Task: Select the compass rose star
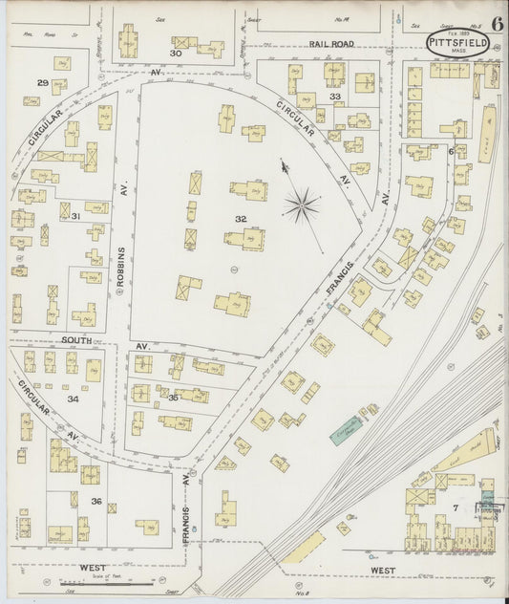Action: pos(302,204)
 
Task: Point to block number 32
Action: pos(241,219)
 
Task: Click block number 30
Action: pos(175,54)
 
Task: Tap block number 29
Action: pos(42,84)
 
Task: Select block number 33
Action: pos(334,97)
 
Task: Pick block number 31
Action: pos(74,216)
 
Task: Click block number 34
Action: pos(73,399)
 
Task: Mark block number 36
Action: pos(95,501)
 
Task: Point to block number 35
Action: pos(173,397)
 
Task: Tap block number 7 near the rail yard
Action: pos(456,507)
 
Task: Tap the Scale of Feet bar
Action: pos(115,582)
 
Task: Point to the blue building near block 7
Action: pos(489,499)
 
